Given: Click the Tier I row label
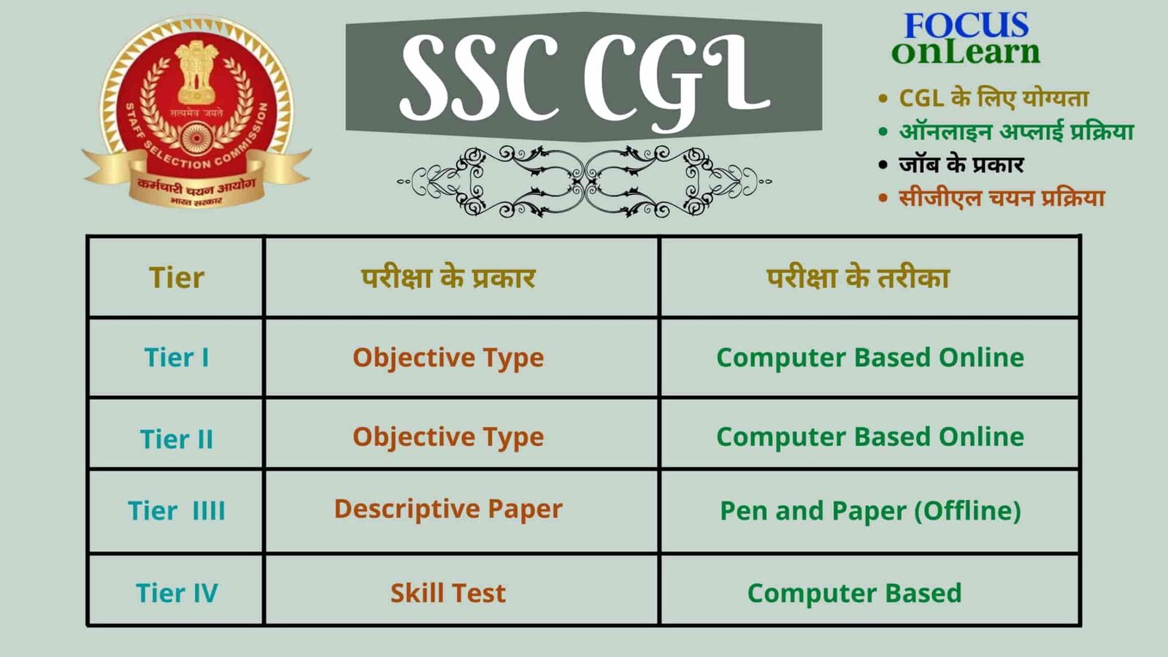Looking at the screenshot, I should coord(177,358).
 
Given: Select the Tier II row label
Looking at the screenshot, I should coord(177,439).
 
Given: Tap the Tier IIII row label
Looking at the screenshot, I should coord(177,511).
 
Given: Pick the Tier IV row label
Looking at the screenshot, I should coord(177,593).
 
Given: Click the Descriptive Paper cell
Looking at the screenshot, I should coord(448,509).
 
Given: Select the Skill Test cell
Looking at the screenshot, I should coord(448,593).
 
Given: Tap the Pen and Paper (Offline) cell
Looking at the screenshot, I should coord(870,511).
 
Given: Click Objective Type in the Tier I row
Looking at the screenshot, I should coord(448,358).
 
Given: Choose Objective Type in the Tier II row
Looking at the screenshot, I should coord(448,437).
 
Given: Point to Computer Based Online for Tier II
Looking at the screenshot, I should coord(870,437).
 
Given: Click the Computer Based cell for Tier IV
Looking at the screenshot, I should coord(854,593).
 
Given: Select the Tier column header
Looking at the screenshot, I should coord(177,278).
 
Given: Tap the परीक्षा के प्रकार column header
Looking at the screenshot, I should coord(448,278).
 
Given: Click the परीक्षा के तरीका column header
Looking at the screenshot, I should coord(858,278).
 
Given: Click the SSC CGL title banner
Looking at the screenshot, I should coord(584,77).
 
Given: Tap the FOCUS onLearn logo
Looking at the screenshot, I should coord(966,39).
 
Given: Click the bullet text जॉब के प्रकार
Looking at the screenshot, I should coord(961,164).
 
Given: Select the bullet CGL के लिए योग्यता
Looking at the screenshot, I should coord(993,98).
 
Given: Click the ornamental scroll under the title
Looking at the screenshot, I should coord(584,181).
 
